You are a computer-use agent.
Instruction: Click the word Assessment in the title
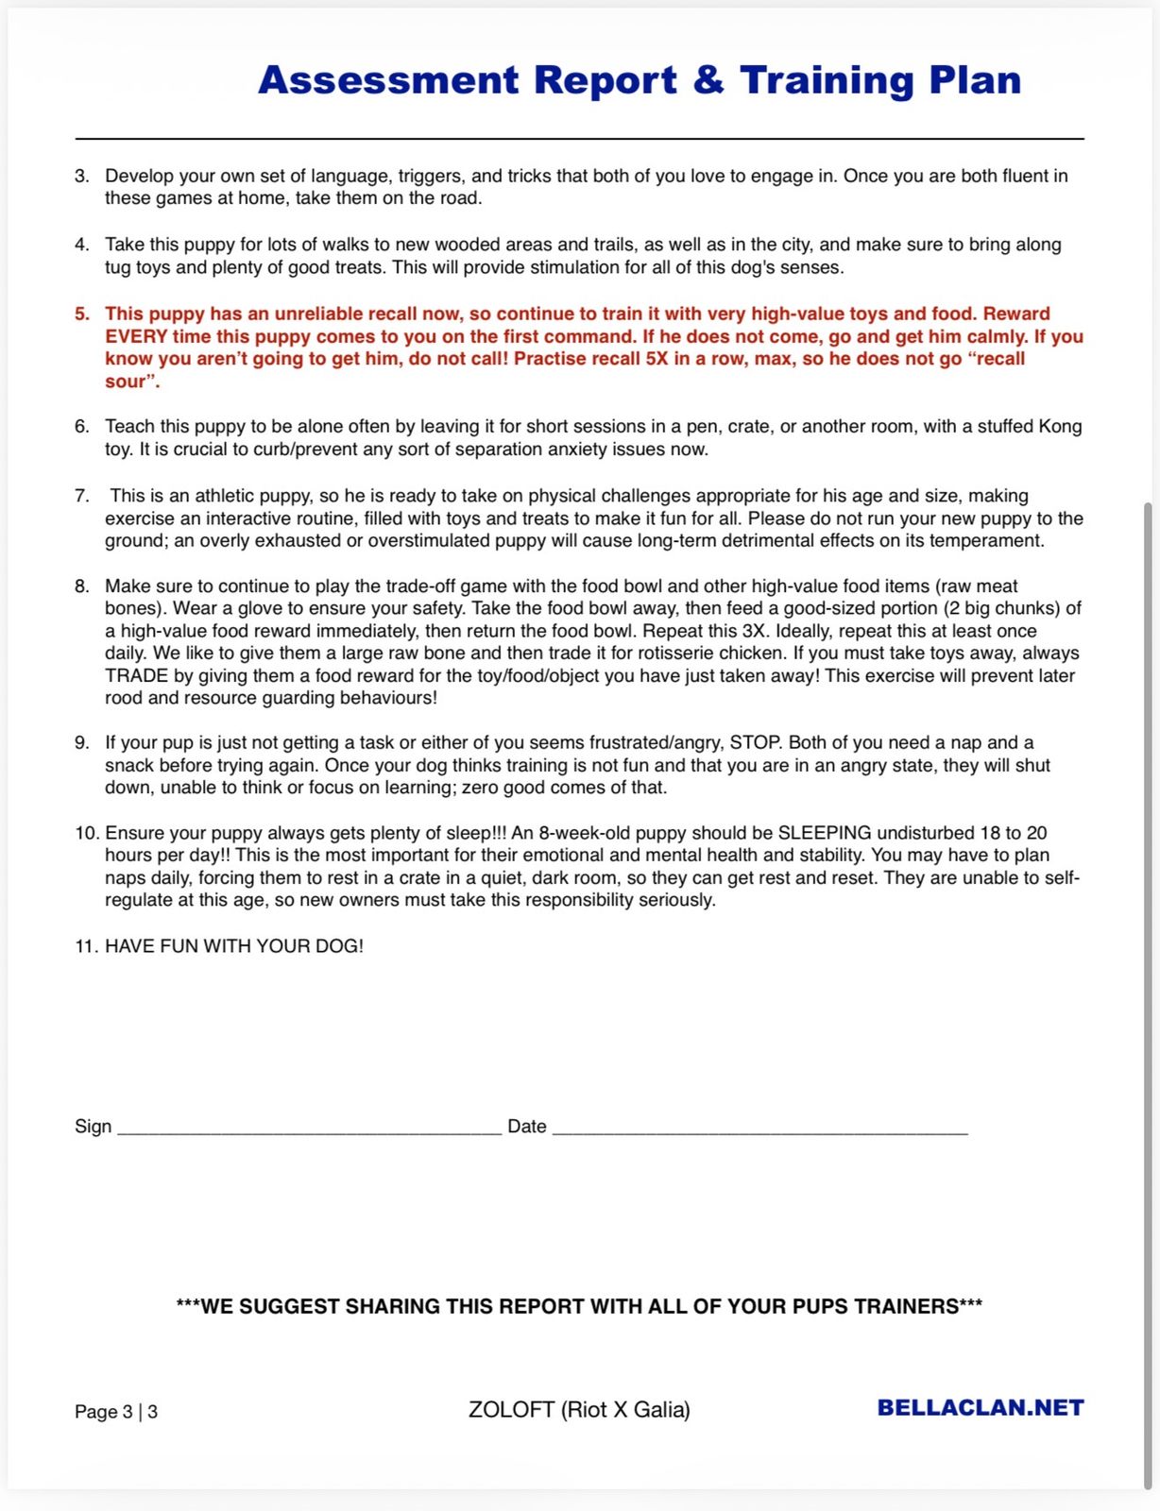pos(388,81)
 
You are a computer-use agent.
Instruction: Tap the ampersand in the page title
pos(708,80)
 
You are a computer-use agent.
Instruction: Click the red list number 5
pos(82,314)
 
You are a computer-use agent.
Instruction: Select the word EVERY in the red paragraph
pos(136,337)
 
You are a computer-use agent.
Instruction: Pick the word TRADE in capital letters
pos(136,676)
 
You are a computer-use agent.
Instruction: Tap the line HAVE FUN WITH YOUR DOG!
pos(233,946)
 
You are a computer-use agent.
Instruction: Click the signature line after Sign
pos(309,1128)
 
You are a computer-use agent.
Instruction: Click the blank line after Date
pos(759,1128)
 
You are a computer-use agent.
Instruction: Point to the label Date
pos(527,1127)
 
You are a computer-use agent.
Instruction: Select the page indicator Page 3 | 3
pos(116,1412)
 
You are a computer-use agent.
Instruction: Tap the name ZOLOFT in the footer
pos(511,1410)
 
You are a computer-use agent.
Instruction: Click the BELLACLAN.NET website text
pos(980,1408)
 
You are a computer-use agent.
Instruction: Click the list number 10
pos(86,833)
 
